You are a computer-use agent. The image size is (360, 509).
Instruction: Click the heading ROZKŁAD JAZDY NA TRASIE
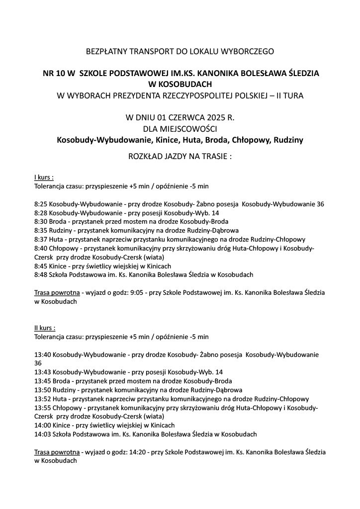pos(180,156)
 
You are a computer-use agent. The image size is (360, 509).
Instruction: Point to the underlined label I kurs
pos(44,177)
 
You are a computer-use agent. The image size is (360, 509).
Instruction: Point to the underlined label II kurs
pos(45,328)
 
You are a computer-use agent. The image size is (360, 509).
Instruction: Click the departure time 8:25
pos(41,204)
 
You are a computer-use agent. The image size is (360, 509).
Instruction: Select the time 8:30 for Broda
pos(41,221)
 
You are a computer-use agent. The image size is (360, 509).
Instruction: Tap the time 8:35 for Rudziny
pos(41,230)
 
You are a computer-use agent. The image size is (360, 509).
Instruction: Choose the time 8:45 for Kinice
pos(41,265)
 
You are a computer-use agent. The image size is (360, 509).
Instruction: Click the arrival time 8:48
pos(41,274)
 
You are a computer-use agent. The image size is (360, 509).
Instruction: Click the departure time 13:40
pos(43,354)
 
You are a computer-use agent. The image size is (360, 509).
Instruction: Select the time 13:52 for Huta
pos(43,399)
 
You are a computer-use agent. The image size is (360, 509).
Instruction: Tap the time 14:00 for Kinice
pos(43,425)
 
